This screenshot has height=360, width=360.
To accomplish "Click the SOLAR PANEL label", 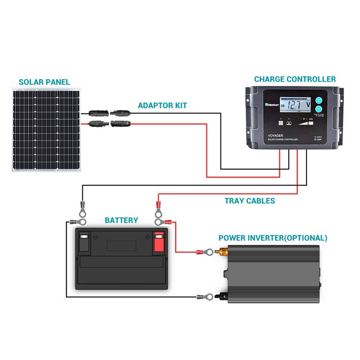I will click(44, 82).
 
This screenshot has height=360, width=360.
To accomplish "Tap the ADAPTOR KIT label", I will click(162, 105).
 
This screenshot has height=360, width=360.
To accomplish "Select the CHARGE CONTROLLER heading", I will click(295, 79).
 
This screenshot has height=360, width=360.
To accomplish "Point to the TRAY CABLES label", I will click(250, 201).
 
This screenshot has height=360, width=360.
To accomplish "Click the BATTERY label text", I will click(121, 220).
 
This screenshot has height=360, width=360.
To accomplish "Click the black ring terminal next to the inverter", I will click(204, 297).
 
